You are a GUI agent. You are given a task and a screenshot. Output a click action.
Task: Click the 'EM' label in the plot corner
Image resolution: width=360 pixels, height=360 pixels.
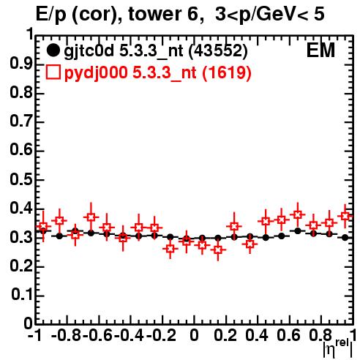(x=320, y=50)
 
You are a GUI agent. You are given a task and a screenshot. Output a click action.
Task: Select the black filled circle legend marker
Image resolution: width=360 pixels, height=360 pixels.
(x=53, y=50)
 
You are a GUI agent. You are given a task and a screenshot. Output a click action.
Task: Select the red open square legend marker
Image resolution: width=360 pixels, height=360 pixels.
(x=53, y=72)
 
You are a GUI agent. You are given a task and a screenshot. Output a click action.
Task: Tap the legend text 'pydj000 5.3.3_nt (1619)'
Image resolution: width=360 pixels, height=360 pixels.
(x=157, y=73)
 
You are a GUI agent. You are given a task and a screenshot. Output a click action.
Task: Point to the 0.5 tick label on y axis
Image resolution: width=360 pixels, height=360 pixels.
(x=21, y=180)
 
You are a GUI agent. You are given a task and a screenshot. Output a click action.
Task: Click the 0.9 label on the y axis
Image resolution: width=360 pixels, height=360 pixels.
(x=21, y=64)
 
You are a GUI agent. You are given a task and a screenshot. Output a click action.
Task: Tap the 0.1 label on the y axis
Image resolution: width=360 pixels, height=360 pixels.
(x=22, y=295)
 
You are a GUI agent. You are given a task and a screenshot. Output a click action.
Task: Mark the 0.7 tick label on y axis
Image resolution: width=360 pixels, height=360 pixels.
(x=21, y=122)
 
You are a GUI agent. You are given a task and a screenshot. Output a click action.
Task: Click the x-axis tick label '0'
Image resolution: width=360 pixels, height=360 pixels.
(x=194, y=335)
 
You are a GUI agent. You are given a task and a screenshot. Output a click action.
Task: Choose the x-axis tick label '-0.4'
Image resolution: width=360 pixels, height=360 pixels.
(x=129, y=335)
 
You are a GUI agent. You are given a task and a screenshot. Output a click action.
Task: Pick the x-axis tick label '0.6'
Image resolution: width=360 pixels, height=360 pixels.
(x=288, y=335)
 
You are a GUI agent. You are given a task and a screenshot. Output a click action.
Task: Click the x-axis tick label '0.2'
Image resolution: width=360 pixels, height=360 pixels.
(x=225, y=335)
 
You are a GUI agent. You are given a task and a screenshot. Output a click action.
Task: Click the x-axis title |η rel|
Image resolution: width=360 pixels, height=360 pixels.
(x=337, y=348)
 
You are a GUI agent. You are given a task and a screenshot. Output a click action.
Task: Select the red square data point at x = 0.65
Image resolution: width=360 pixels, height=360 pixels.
(x=297, y=215)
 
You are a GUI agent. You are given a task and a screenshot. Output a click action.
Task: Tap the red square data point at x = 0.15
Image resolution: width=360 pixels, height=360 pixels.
(x=218, y=250)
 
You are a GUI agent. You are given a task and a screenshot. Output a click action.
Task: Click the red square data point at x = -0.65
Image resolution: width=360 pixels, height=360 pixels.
(x=91, y=217)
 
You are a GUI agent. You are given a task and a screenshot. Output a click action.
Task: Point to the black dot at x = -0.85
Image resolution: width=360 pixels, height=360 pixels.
(x=59, y=236)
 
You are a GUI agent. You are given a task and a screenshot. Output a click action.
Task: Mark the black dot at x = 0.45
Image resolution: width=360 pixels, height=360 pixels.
(x=266, y=237)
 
